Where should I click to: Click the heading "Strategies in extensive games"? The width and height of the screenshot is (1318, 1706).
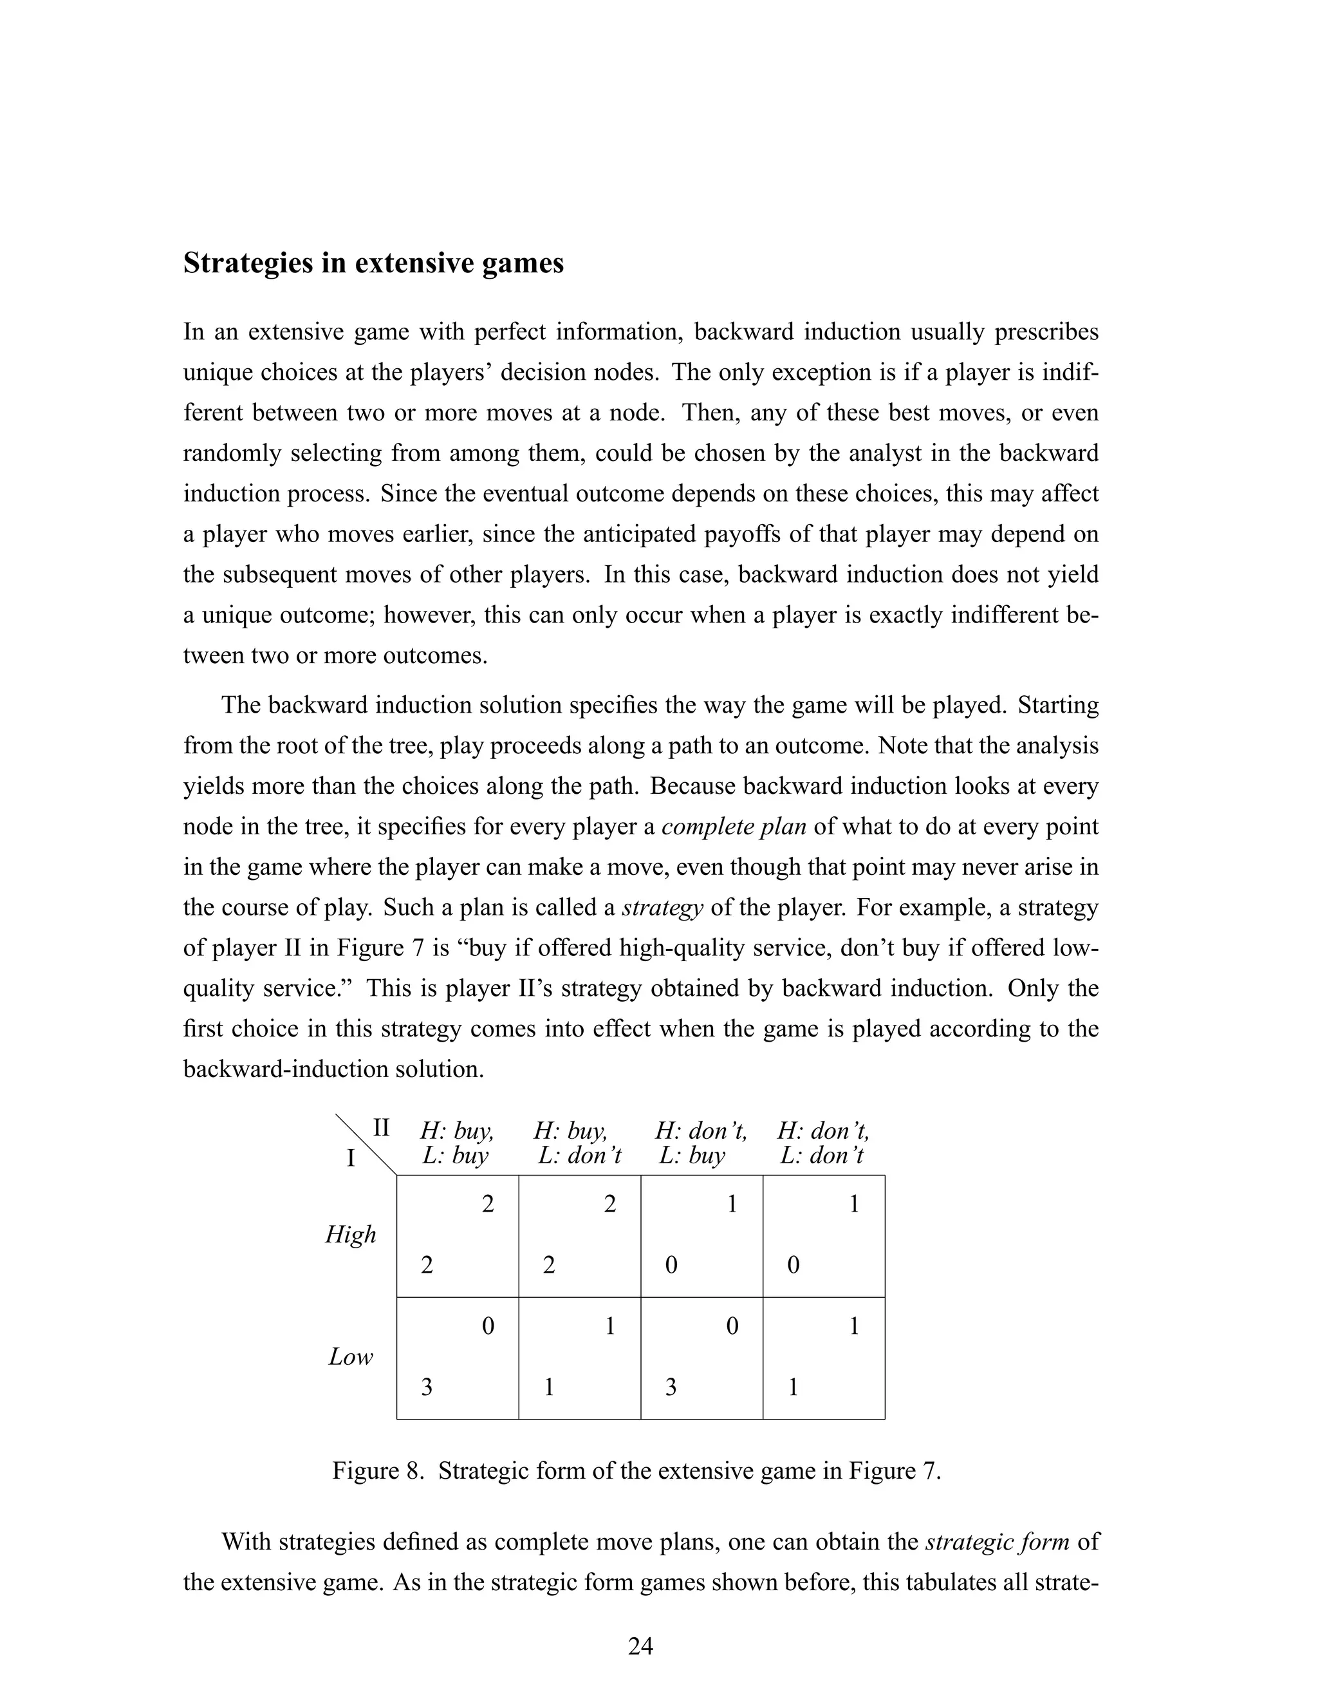(x=373, y=263)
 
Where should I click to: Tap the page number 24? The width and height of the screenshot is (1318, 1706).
(x=640, y=1646)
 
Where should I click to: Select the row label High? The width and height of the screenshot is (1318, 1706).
(x=351, y=1234)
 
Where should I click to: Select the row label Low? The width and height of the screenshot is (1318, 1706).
(x=351, y=1357)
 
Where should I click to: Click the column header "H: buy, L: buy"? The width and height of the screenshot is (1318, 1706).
(x=457, y=1143)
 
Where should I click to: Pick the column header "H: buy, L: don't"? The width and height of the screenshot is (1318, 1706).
(x=579, y=1143)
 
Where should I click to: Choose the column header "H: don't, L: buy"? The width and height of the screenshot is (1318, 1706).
(x=700, y=1143)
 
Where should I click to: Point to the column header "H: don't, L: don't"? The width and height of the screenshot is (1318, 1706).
(x=823, y=1143)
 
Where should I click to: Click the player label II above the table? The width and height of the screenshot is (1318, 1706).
(x=381, y=1128)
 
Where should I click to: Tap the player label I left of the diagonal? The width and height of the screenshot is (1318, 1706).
(x=351, y=1158)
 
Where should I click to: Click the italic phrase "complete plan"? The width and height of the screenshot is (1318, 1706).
(x=733, y=827)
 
